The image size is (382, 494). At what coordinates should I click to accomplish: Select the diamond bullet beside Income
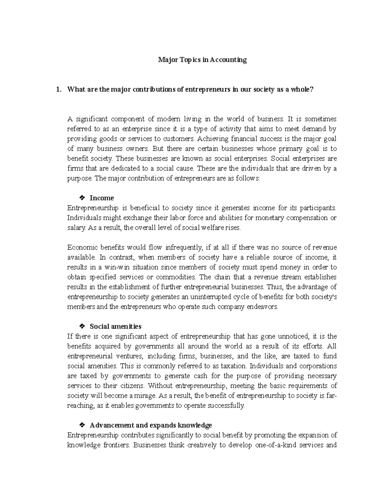coord(82,198)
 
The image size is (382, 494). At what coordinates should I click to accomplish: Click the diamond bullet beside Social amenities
coord(82,326)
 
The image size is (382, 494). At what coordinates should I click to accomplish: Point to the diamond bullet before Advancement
coord(82,425)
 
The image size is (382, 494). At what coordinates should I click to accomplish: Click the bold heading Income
coord(102,198)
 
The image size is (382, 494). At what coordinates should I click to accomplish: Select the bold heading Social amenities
coord(116,326)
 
